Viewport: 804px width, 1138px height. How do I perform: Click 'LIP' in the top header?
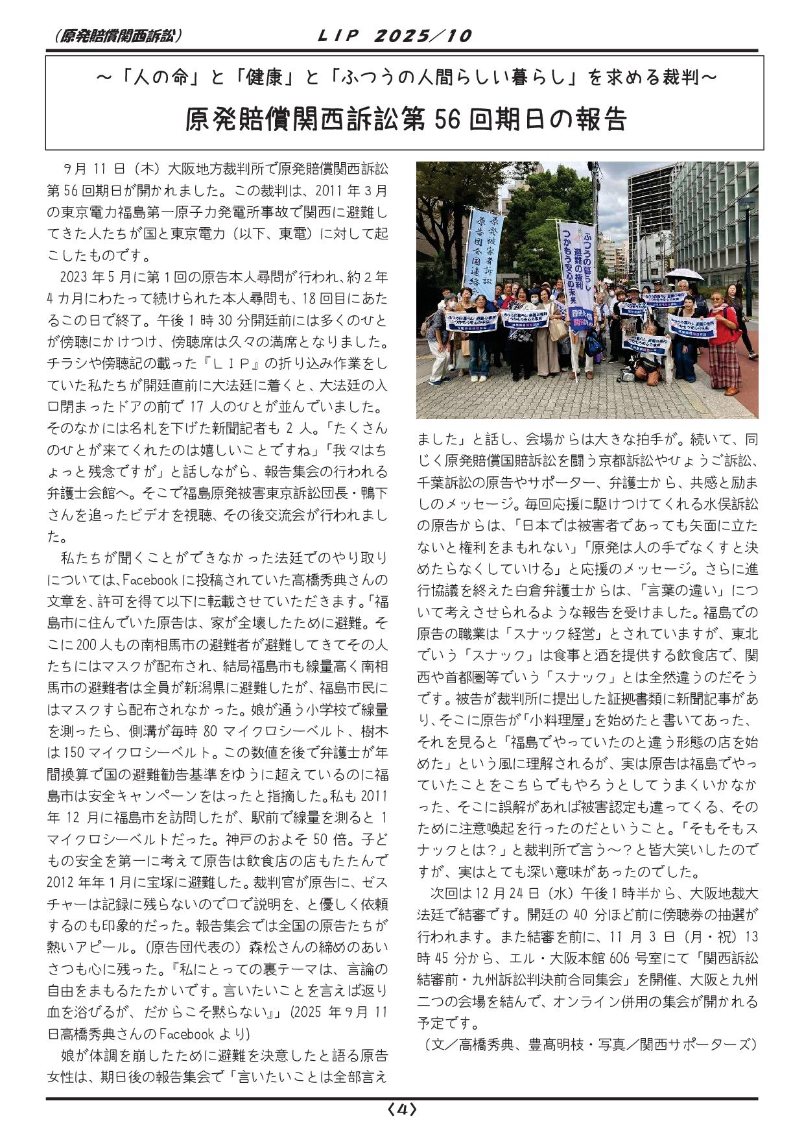337,36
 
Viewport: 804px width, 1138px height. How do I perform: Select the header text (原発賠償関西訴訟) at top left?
114,36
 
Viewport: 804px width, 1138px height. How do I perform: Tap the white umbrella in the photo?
684,274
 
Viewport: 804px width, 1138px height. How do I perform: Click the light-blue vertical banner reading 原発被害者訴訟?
484,250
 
